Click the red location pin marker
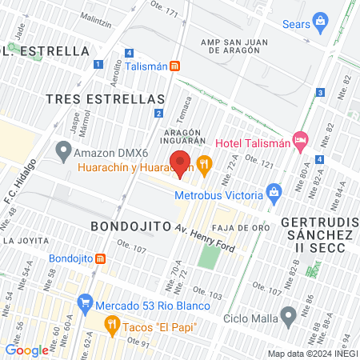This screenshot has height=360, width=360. [x=180, y=162]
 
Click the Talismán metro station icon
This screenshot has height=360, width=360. [x=174, y=67]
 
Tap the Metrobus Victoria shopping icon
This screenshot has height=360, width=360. [x=274, y=193]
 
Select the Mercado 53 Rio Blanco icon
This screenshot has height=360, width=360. [x=85, y=304]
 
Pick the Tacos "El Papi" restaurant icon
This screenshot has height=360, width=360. [x=111, y=325]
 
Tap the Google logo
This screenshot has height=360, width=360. [x=26, y=350]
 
